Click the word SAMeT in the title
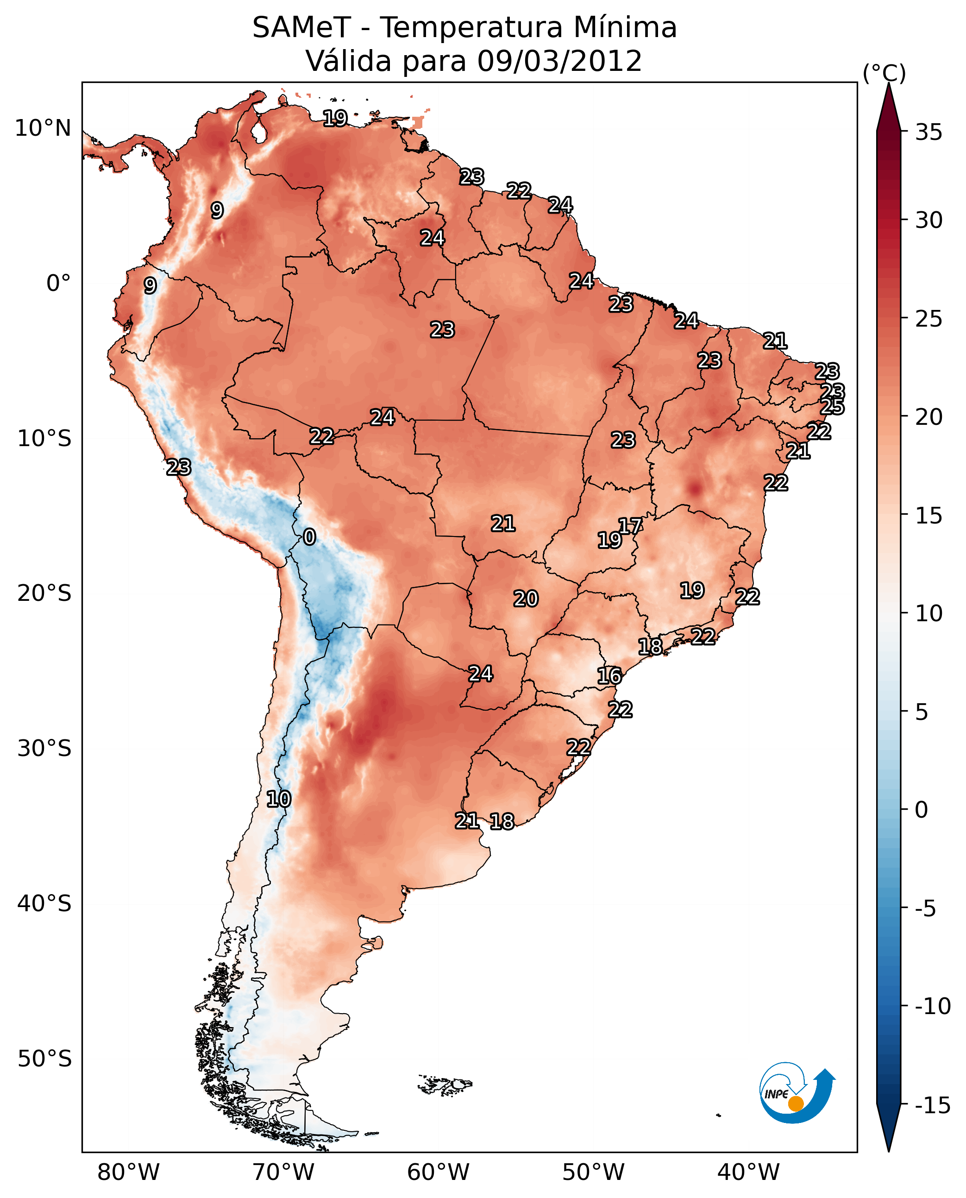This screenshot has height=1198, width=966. tap(301, 28)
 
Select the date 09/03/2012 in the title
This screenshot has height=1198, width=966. tap(559, 61)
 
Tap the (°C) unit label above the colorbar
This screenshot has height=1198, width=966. tap(884, 73)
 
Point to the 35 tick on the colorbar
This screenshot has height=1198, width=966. tap(928, 132)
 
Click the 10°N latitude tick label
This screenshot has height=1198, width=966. tap(43, 129)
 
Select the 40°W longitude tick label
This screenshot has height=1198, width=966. tap(748, 1173)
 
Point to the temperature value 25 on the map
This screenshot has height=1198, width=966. tap(832, 407)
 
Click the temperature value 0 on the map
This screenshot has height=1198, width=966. tap(309, 536)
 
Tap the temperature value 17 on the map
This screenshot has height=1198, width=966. tap(630, 525)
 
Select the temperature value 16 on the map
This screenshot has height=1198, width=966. tap(609, 676)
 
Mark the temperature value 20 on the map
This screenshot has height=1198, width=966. tap(525, 599)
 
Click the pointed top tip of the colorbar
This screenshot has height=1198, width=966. tap(889, 85)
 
